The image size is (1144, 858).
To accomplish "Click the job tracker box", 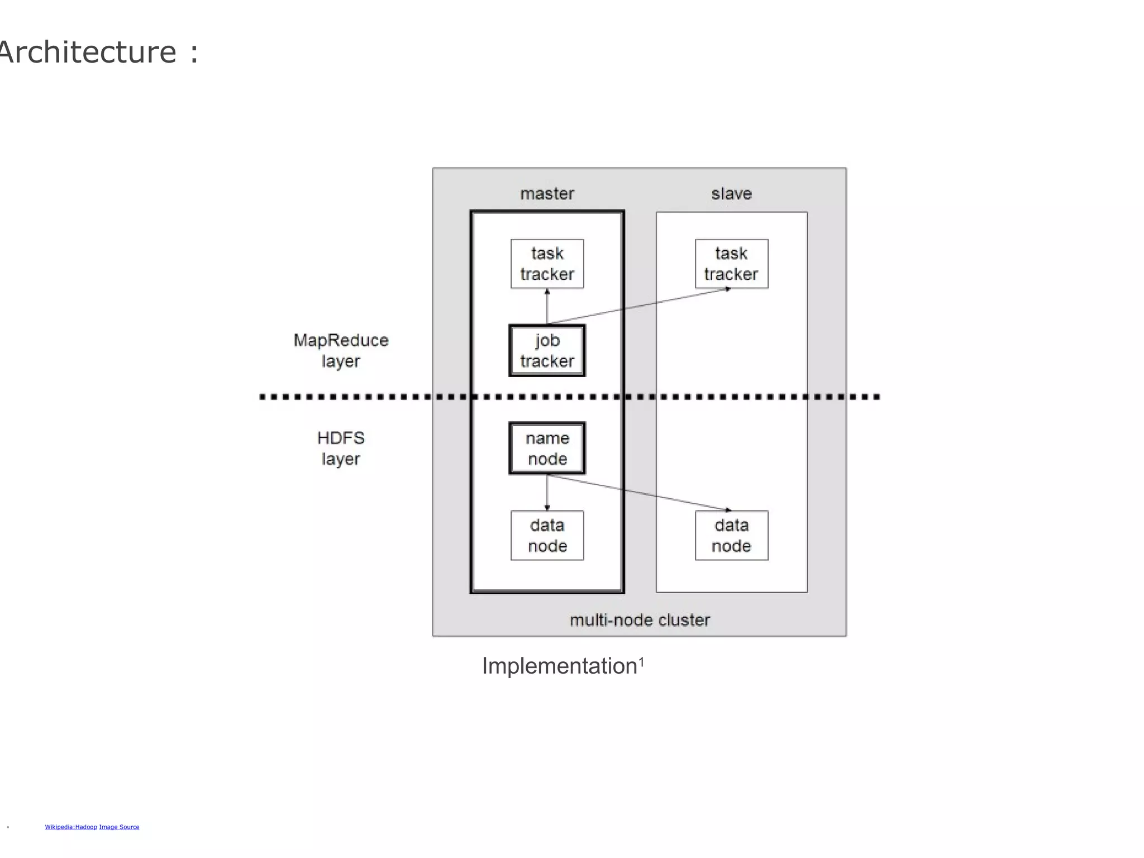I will (x=547, y=350).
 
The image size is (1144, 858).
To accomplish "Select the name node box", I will (x=547, y=448).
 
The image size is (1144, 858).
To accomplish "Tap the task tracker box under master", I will (x=547, y=264).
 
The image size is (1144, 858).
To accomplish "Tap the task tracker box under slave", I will (x=731, y=264).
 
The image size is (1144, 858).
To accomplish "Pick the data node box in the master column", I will (x=547, y=535).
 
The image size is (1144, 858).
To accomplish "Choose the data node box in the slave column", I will (x=731, y=535).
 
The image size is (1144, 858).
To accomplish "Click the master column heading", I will (x=547, y=194).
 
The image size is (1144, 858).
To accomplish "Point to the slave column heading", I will (x=731, y=194).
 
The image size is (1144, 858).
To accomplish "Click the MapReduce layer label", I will (x=341, y=350).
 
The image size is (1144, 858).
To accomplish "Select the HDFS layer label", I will (x=341, y=448).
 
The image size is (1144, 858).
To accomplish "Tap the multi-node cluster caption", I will (x=640, y=620).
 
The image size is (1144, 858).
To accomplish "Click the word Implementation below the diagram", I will (x=559, y=666).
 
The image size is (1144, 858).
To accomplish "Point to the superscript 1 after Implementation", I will (x=642, y=661).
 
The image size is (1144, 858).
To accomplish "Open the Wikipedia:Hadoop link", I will (x=71, y=827).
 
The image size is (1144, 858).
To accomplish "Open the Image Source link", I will (x=119, y=827).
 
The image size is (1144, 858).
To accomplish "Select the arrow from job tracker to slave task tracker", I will (x=640, y=306).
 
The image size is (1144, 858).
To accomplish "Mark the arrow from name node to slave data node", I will (x=640, y=492).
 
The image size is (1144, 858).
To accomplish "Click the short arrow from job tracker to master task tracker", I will (x=547, y=307).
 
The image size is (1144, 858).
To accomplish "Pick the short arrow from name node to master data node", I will (x=547, y=492).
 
